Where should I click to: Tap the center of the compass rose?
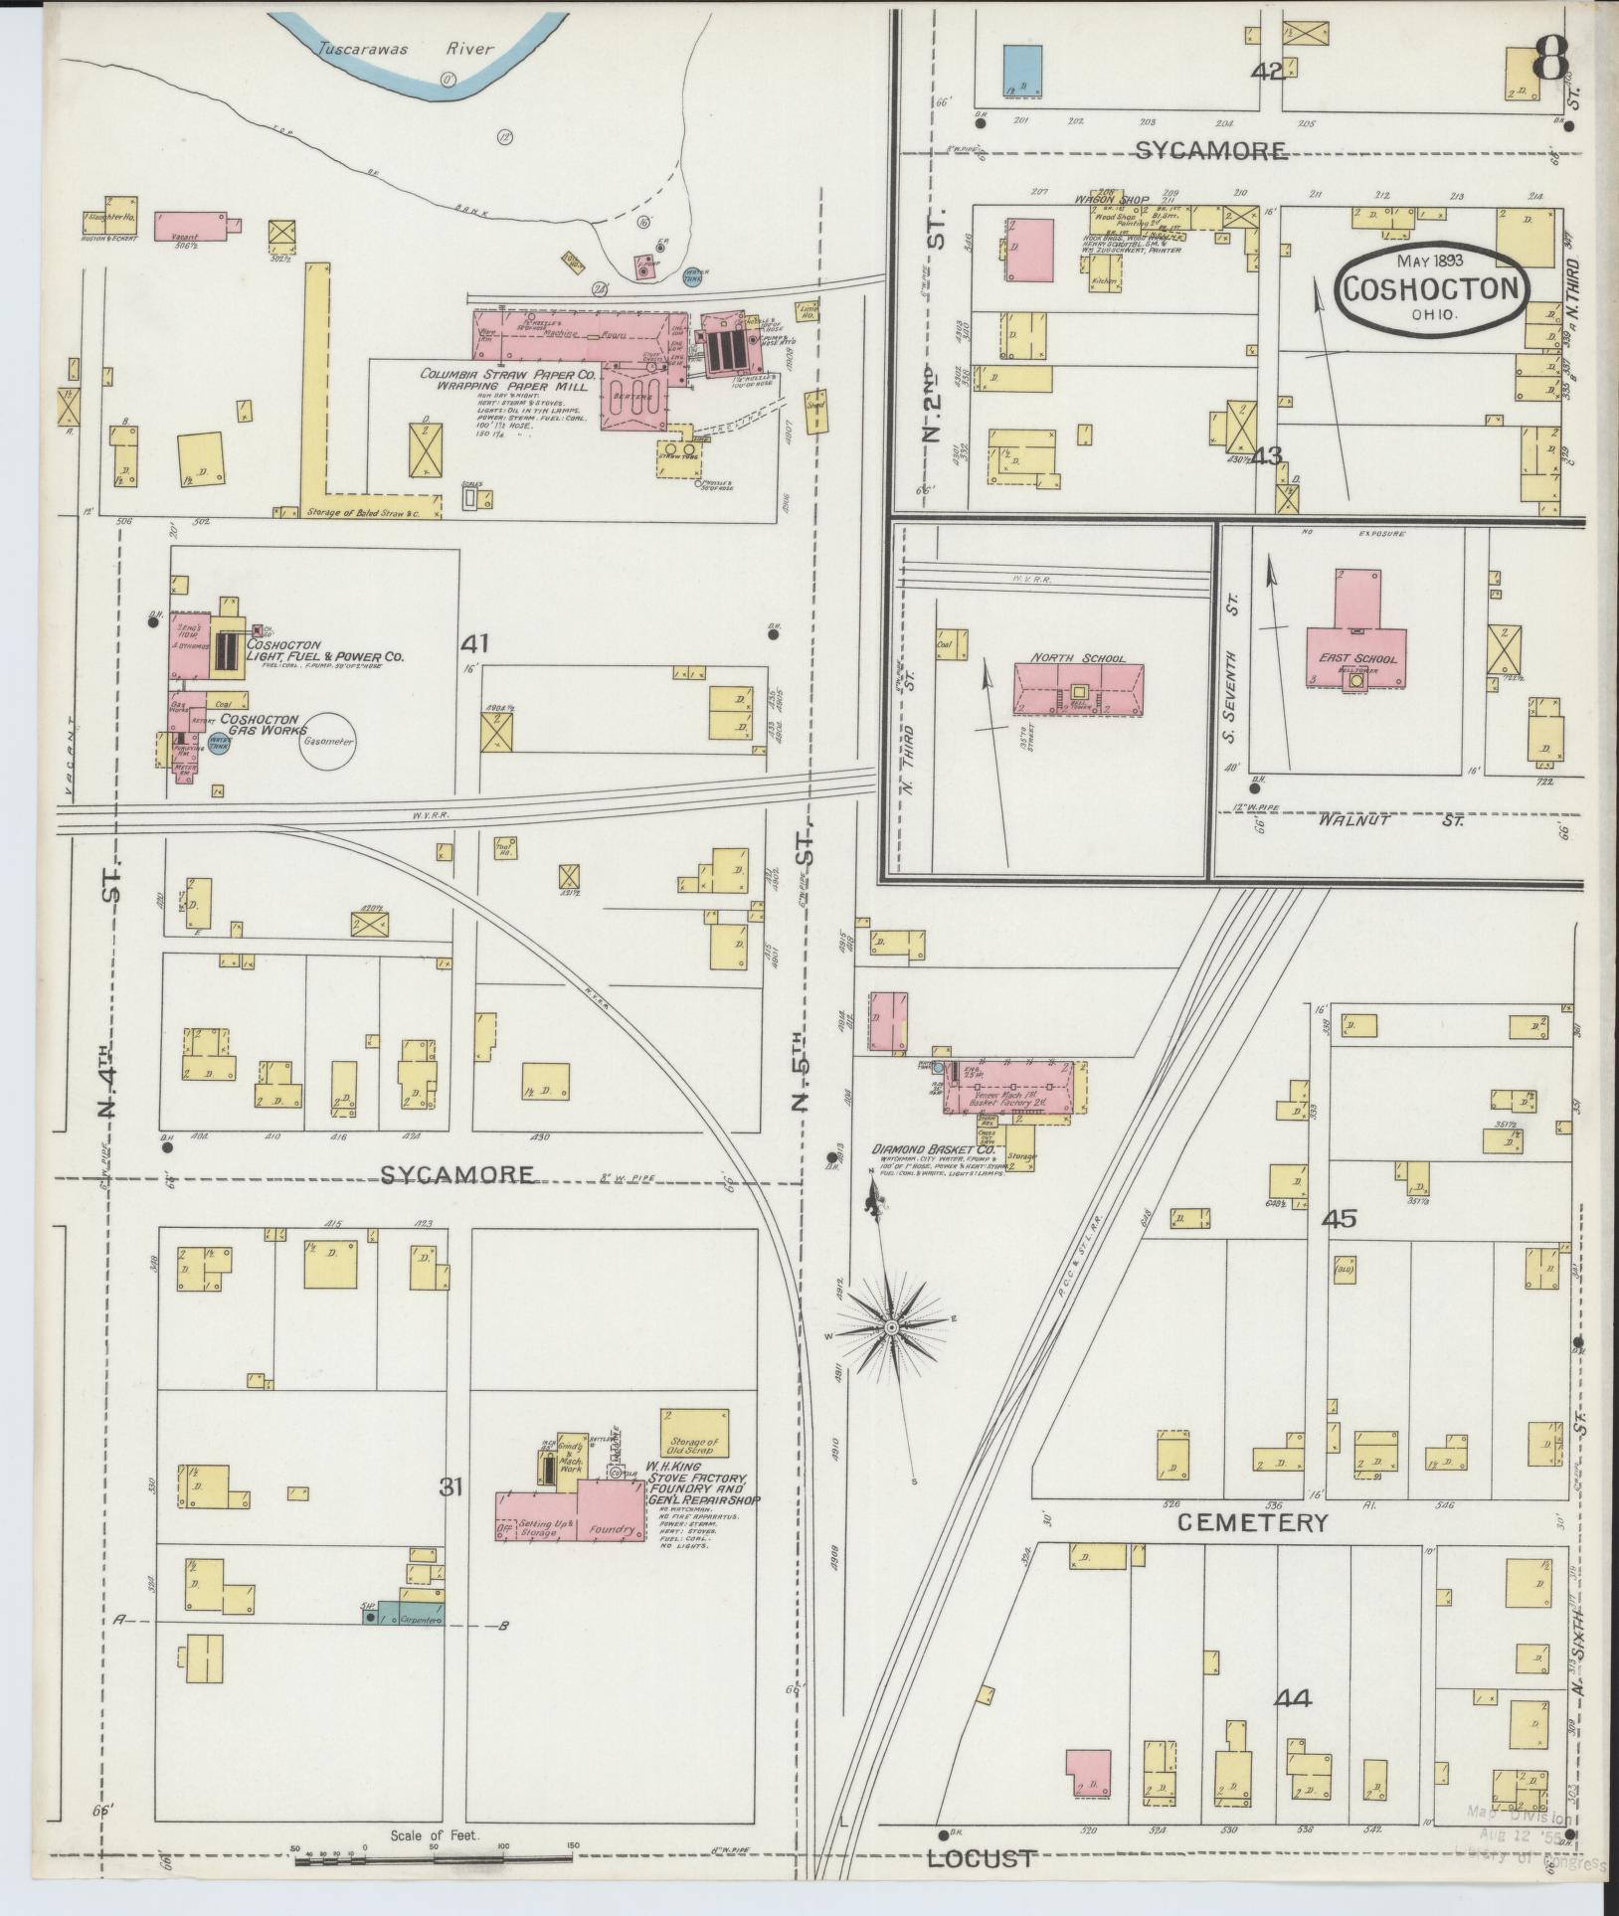(892, 1327)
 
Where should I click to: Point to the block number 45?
(1340, 1219)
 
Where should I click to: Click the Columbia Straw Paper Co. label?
(506, 375)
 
